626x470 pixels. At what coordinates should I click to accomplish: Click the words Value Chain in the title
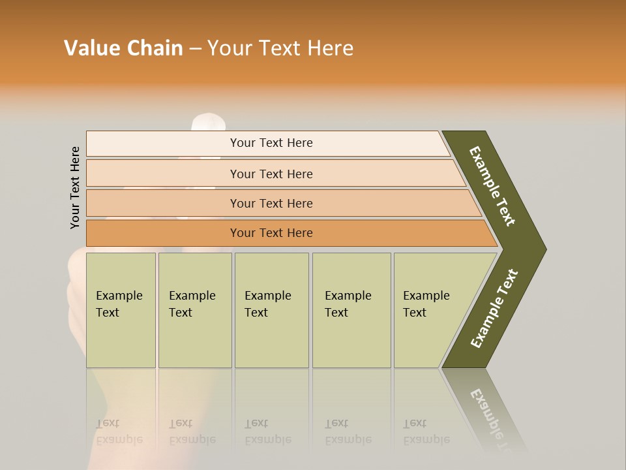[x=123, y=48]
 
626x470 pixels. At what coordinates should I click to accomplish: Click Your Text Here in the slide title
[x=280, y=48]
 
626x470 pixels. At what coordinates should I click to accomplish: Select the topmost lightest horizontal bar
[x=267, y=144]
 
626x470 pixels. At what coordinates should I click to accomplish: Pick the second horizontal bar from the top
[x=271, y=174]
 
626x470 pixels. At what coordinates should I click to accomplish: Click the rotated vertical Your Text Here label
[x=75, y=187]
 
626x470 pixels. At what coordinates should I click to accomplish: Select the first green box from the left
[x=121, y=310]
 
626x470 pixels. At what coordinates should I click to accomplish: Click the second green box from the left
[x=194, y=310]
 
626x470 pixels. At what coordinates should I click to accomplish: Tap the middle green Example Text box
[x=271, y=310]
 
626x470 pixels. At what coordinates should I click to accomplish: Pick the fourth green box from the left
[x=351, y=310]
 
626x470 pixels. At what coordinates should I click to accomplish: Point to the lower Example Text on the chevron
[x=494, y=309]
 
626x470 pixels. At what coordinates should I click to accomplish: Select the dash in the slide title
[x=195, y=49]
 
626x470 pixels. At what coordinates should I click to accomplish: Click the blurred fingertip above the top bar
[x=209, y=122]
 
